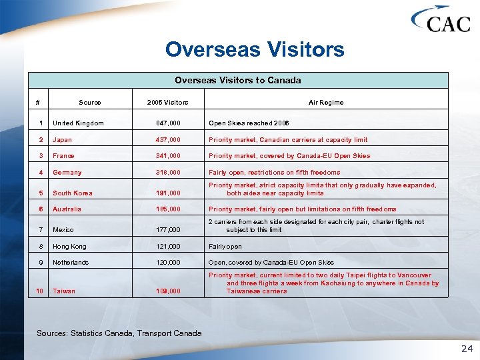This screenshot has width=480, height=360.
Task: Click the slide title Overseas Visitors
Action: click(x=255, y=49)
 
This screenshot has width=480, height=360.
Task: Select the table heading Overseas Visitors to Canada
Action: click(x=237, y=80)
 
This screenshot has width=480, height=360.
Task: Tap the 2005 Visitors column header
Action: click(x=167, y=102)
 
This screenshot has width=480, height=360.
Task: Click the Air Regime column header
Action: click(x=326, y=102)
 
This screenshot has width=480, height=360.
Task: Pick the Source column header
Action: click(x=90, y=102)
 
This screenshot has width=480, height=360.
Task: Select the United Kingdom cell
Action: click(x=78, y=123)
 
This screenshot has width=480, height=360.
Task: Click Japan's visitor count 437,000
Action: click(x=167, y=140)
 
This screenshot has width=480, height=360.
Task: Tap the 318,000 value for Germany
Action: click(x=167, y=173)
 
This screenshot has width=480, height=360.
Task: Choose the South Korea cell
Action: click(x=72, y=193)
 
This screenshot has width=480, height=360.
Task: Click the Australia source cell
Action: click(x=67, y=209)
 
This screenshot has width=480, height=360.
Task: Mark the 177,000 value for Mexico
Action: click(x=167, y=230)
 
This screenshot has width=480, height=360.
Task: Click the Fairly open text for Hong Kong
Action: click(x=225, y=247)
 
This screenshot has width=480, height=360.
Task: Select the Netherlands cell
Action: click(x=71, y=263)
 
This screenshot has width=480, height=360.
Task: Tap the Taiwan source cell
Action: click(x=63, y=291)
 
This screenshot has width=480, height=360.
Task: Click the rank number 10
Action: click(x=40, y=291)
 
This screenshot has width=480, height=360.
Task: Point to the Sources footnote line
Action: click(x=119, y=333)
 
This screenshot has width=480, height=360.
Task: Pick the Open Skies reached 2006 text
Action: click(x=249, y=123)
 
